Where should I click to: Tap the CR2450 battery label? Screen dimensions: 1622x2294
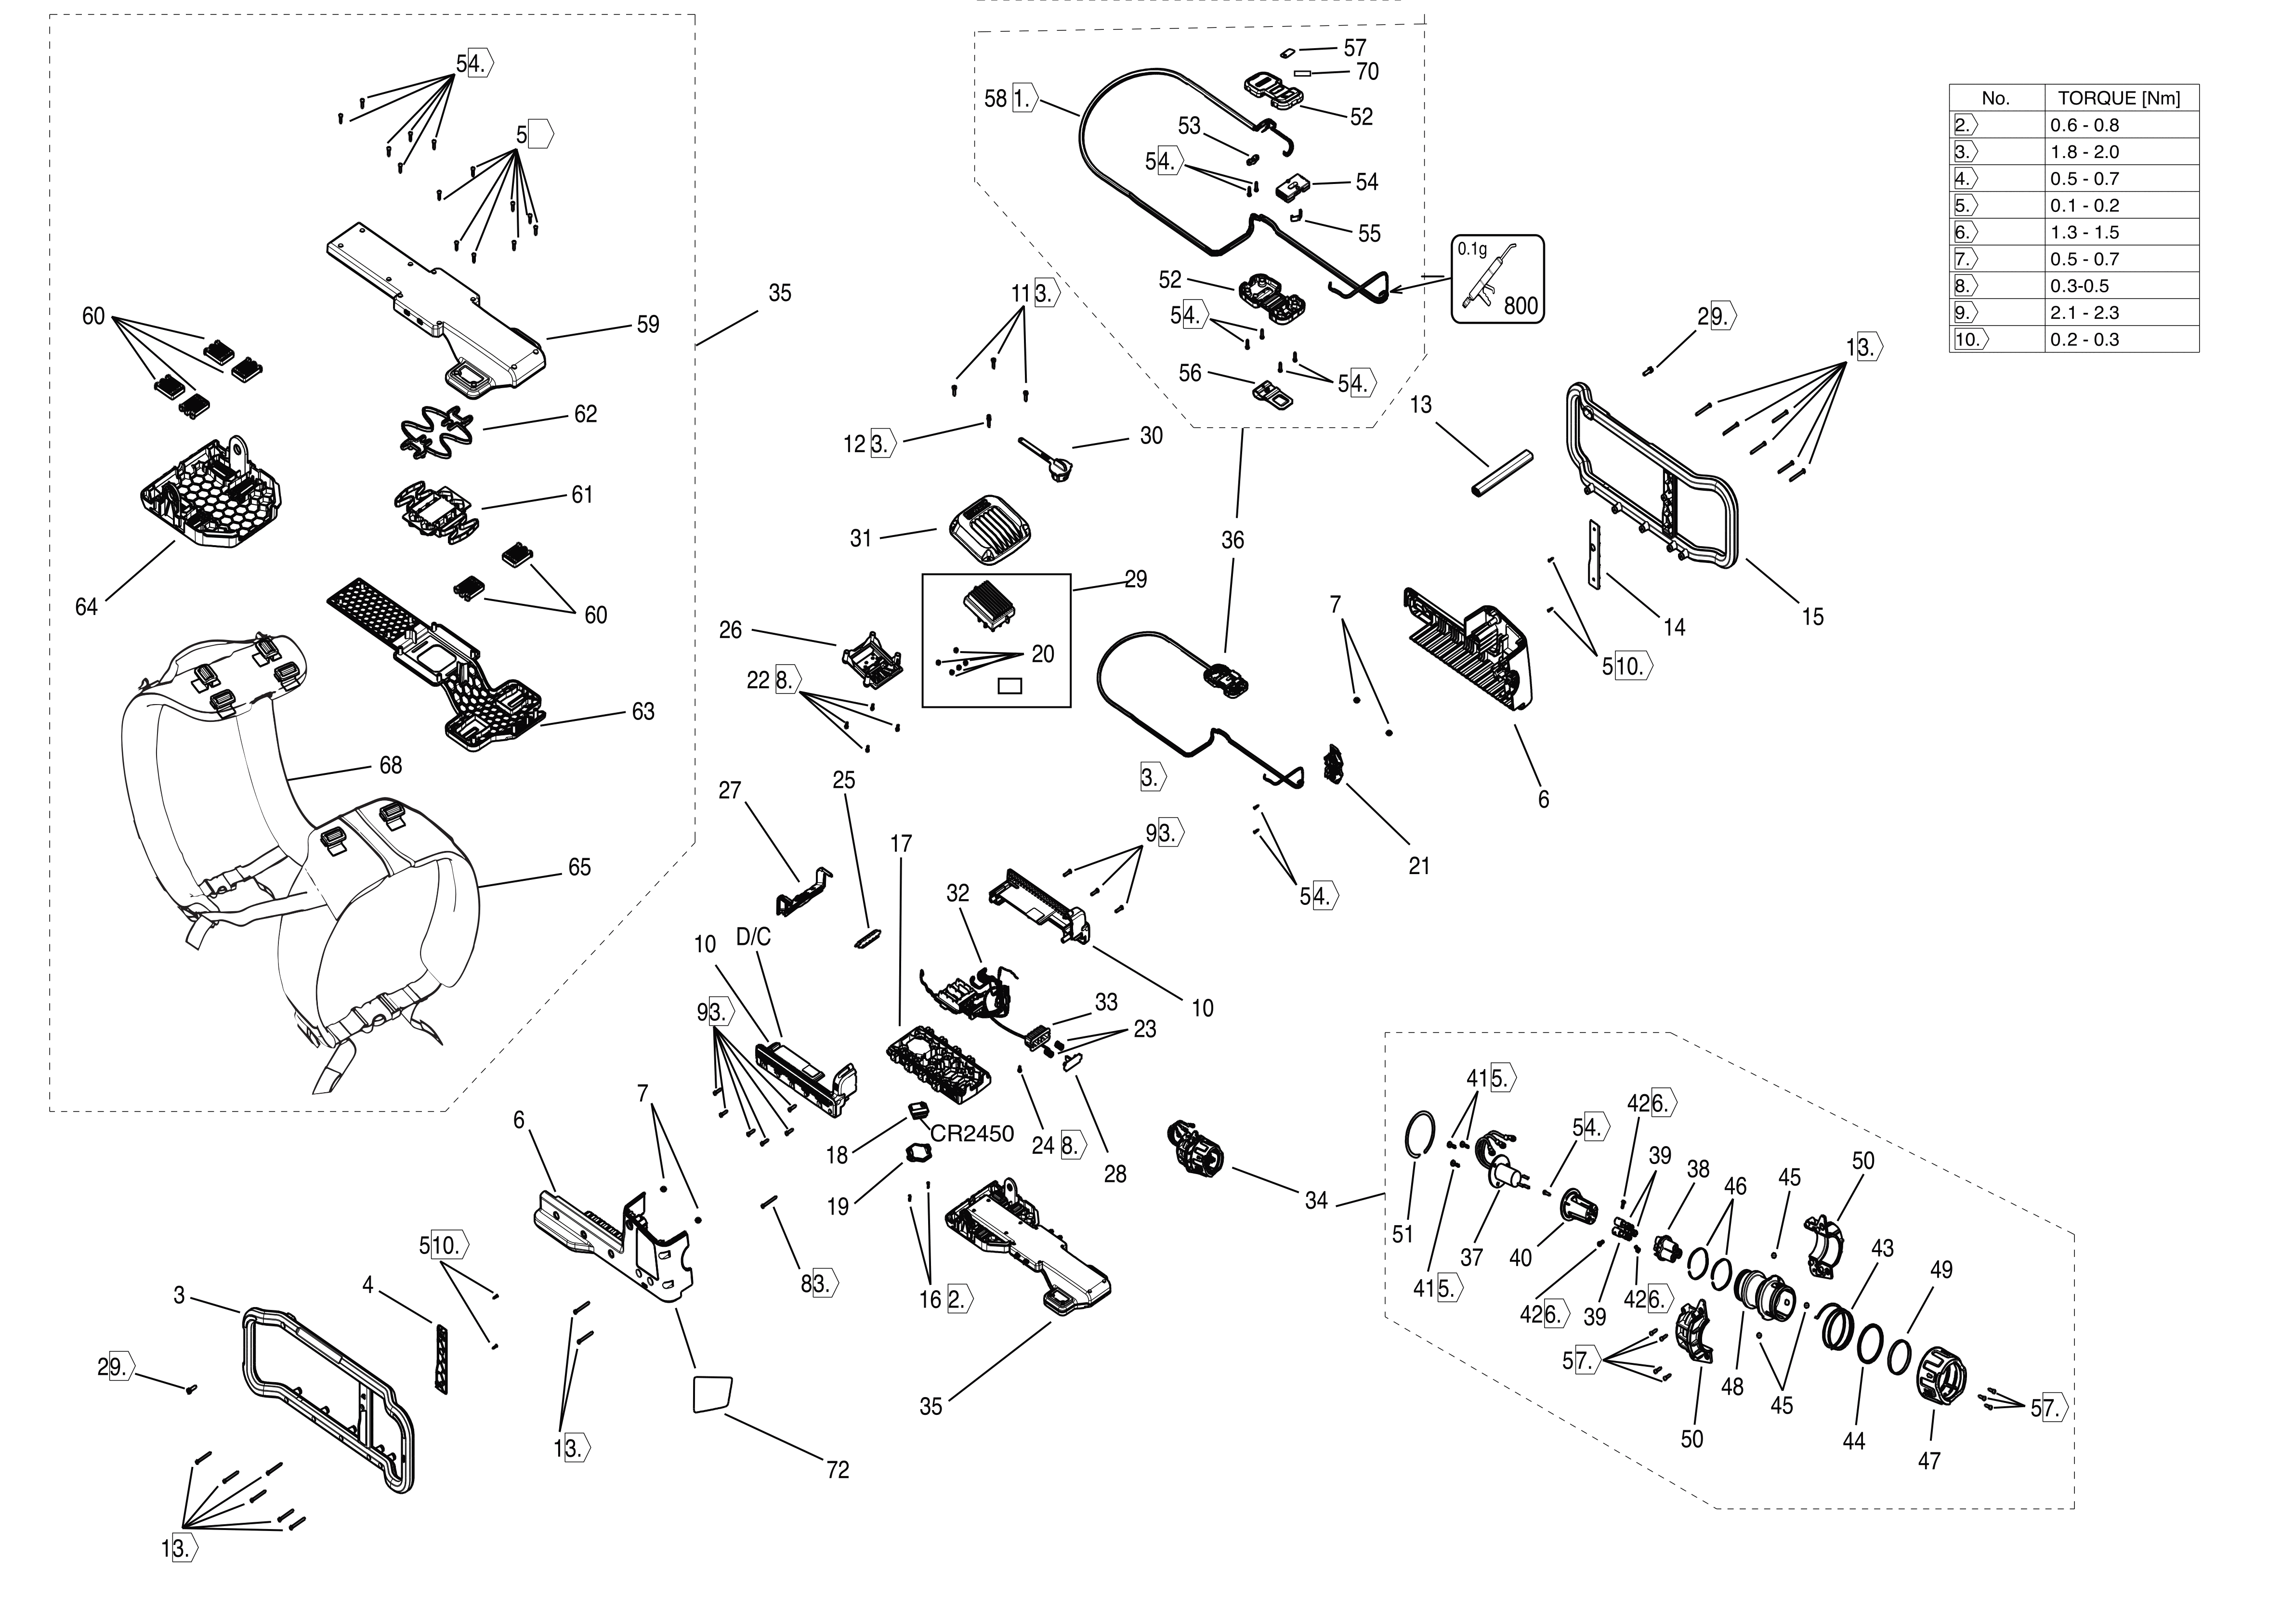point(971,1134)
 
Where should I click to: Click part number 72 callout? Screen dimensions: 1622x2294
point(837,1470)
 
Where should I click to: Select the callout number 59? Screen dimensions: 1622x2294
point(647,325)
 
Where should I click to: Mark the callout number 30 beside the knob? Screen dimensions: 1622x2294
point(1151,436)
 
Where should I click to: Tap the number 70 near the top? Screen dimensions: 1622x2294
point(1367,72)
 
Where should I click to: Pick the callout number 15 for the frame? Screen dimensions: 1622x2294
point(1812,617)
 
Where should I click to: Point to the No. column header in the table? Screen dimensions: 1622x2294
point(1995,98)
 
